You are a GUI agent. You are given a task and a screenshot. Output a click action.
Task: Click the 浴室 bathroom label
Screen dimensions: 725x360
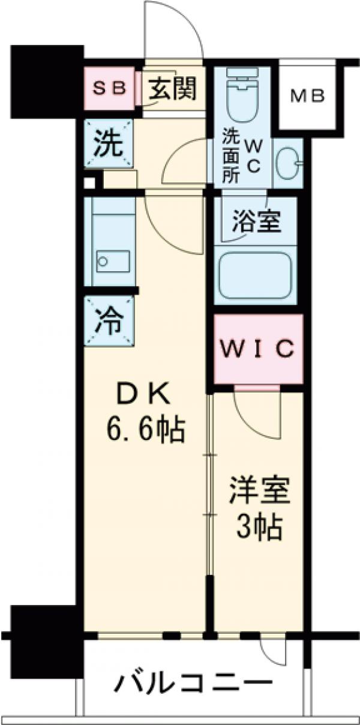pyautogui.click(x=256, y=223)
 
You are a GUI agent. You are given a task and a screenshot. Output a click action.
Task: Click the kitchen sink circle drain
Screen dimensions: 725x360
pyautogui.click(x=103, y=261)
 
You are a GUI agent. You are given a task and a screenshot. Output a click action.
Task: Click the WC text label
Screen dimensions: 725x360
pyautogui.click(x=253, y=156)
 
